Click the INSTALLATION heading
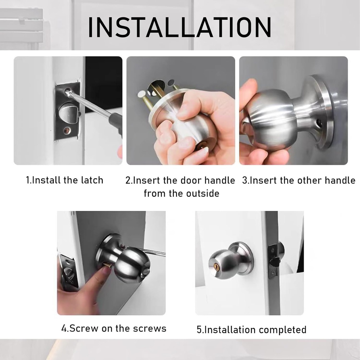click(180, 27)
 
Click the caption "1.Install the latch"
click(65, 180)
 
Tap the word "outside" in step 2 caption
click(200, 193)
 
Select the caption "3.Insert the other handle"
click(298, 180)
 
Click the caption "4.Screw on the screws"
click(114, 328)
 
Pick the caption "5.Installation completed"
click(251, 330)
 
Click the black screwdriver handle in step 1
click(116, 121)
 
